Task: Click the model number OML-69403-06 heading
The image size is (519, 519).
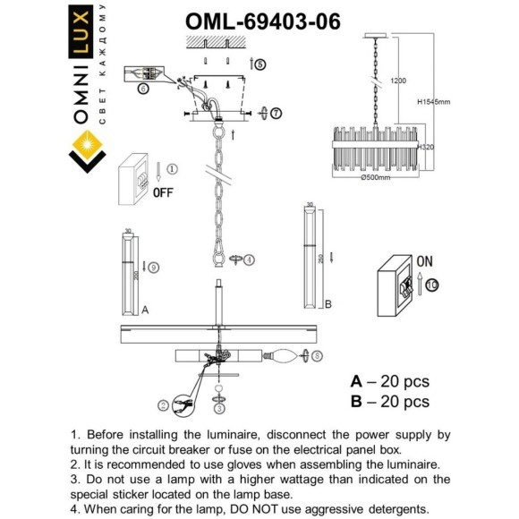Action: pos(262,21)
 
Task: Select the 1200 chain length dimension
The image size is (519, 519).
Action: pos(398,81)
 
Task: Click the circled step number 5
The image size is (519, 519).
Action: pos(259,64)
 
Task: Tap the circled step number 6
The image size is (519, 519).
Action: pos(142,89)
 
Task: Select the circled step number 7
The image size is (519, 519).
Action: pos(275,113)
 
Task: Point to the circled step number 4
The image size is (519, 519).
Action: pos(249,259)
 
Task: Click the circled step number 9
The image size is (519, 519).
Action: pos(154,267)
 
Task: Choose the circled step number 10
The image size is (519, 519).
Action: pos(432,285)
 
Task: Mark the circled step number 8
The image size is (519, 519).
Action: pos(318,356)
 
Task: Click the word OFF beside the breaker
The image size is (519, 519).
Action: pos(162,191)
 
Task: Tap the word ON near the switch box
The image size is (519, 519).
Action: pos(424,262)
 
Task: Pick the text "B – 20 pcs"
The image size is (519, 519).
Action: pos(389,402)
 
